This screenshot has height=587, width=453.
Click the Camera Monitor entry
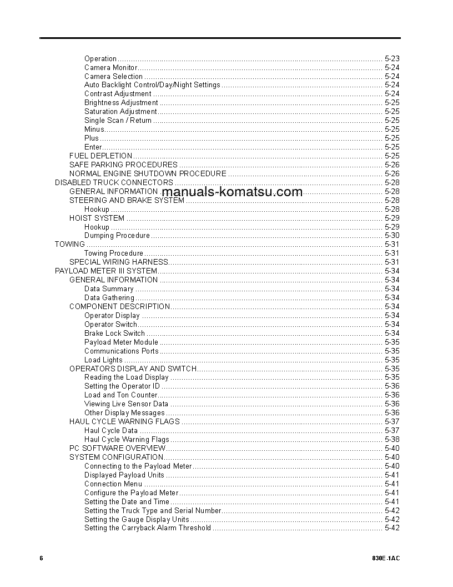[110, 67]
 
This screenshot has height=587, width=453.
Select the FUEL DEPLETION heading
[100, 156]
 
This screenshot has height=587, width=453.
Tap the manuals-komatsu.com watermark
[232, 192]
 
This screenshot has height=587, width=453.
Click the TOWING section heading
[70, 244]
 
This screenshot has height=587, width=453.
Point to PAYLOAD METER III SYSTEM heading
[105, 271]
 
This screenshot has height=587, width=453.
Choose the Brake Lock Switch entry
[114, 333]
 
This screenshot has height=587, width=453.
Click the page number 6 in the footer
[41, 558]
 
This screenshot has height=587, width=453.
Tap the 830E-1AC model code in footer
[386, 558]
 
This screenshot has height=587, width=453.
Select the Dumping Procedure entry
[117, 235]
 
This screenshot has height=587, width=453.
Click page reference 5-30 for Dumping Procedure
[392, 235]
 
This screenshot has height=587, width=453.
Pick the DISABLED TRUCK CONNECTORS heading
[114, 182]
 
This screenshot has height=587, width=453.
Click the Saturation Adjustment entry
[120, 111]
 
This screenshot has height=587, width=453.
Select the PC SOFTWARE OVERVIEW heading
[117, 448]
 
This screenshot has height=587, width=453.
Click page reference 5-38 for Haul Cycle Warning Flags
[392, 439]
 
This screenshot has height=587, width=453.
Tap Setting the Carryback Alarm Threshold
[148, 528]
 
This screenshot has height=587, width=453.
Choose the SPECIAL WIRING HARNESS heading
[118, 262]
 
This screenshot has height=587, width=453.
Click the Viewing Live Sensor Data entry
[126, 404]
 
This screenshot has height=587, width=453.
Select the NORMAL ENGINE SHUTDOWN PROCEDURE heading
[148, 173]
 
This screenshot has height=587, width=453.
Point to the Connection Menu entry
[113, 484]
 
